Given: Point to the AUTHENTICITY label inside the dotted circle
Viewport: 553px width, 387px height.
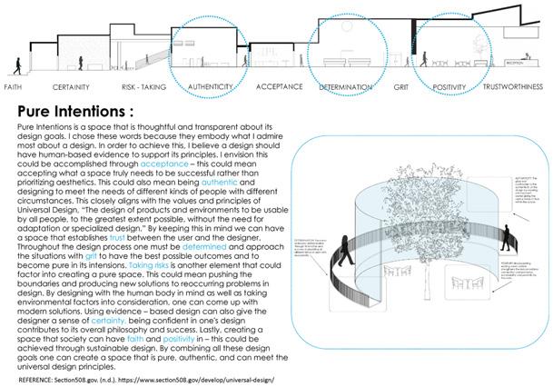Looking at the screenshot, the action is pos(210,87).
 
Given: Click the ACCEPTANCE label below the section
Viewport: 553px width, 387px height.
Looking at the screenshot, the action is pos(279,87).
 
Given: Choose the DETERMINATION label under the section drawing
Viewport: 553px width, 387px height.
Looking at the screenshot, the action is pos(346,87).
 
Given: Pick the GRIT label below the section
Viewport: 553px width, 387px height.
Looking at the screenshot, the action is pos(400,87).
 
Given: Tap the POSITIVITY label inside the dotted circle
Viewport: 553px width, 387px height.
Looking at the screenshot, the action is pos(449,87).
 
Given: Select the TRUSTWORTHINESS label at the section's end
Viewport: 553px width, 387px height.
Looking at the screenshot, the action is pos(515,87).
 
